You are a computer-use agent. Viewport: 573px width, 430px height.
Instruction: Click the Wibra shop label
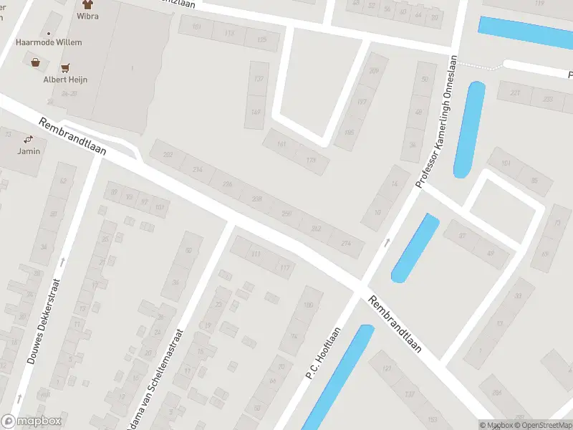pos(88,16)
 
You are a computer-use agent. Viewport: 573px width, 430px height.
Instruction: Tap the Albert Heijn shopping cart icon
pos(67,68)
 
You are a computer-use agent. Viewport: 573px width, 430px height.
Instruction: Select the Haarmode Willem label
pos(49,42)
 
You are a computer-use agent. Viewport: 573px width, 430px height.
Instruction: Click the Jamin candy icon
pos(29,139)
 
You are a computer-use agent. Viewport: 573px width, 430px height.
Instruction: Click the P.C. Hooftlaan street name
pos(322,353)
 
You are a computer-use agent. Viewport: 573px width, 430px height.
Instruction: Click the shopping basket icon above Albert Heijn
pos(35,62)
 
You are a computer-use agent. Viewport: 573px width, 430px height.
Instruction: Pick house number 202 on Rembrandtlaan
pos(168,155)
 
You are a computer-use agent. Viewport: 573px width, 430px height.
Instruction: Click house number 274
pos(347,244)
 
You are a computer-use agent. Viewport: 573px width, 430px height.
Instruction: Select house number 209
pos(373,70)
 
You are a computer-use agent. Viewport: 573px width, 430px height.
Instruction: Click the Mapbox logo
pos(31,421)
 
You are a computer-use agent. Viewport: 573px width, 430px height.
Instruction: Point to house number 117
pos(286,268)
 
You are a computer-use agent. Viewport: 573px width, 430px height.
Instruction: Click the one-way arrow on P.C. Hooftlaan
pos(387,242)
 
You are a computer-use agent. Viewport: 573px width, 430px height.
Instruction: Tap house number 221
pos(515,93)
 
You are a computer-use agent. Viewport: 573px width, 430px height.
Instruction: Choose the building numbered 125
pos(261,39)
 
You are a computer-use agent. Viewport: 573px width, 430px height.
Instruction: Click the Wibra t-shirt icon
pos(88,4)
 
